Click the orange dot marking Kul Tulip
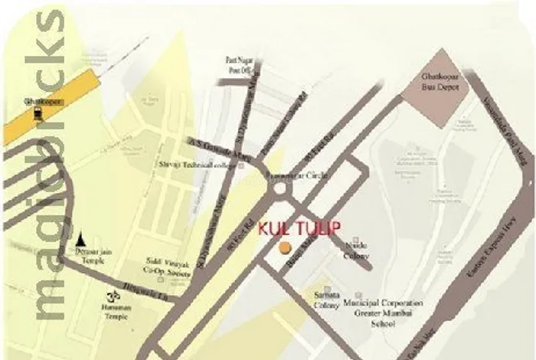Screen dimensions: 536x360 point(284,247)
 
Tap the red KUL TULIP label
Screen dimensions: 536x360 point(299,228)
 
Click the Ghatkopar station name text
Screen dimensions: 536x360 point(36,100)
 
